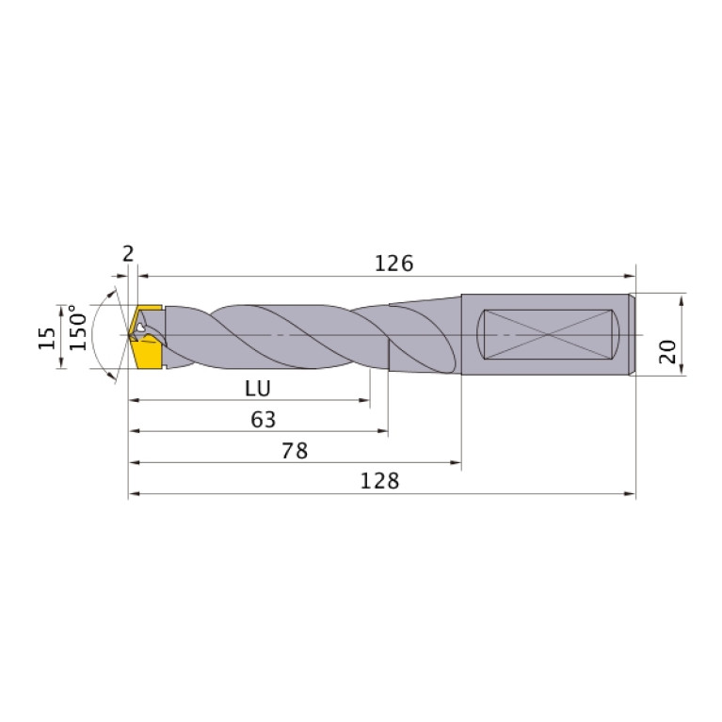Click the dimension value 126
393,264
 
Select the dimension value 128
380,480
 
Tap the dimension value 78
295,451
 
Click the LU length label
258,388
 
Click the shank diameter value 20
666,352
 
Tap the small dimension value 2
128,252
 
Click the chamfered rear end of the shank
633,335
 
